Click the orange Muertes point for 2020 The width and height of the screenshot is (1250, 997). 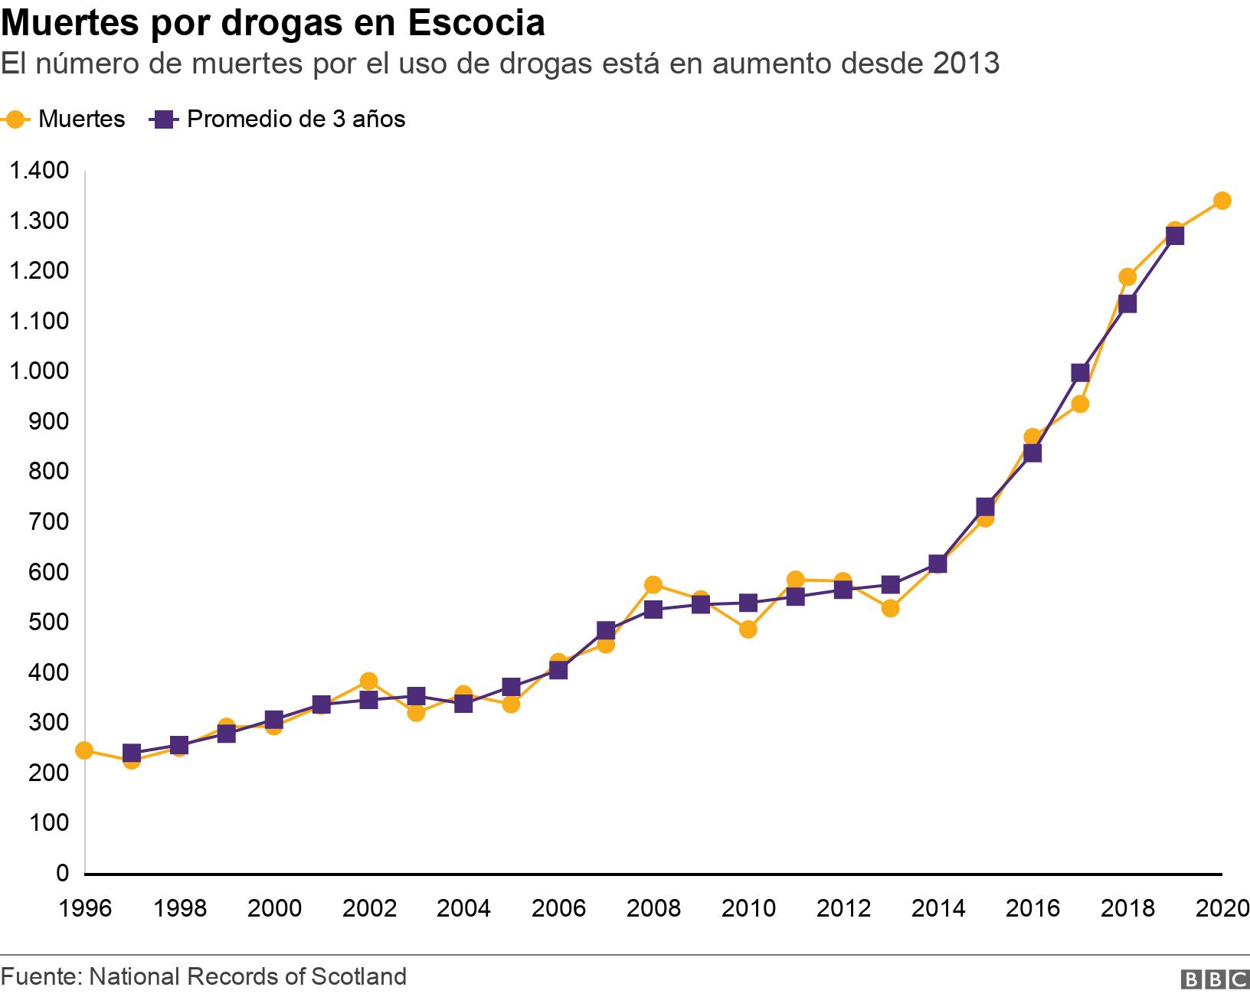click(x=1222, y=201)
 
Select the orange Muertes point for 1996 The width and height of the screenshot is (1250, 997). click(x=84, y=750)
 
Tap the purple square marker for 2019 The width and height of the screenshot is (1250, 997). click(x=1174, y=236)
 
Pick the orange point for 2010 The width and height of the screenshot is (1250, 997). click(x=748, y=629)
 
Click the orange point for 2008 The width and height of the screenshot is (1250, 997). click(x=653, y=585)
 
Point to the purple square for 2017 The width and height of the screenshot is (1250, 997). click(x=1080, y=373)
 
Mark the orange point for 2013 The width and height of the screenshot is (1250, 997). click(x=890, y=608)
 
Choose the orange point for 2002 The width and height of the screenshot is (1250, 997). click(x=368, y=682)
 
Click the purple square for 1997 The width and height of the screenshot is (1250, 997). click(x=132, y=753)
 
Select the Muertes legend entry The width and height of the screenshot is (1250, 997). click(x=65, y=119)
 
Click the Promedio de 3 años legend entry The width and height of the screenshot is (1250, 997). click(x=280, y=119)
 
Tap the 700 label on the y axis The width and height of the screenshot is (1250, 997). click(x=49, y=521)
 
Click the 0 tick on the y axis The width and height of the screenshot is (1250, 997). click(x=62, y=872)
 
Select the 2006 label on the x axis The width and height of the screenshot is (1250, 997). click(x=558, y=908)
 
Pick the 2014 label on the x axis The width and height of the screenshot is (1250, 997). click(x=938, y=908)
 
